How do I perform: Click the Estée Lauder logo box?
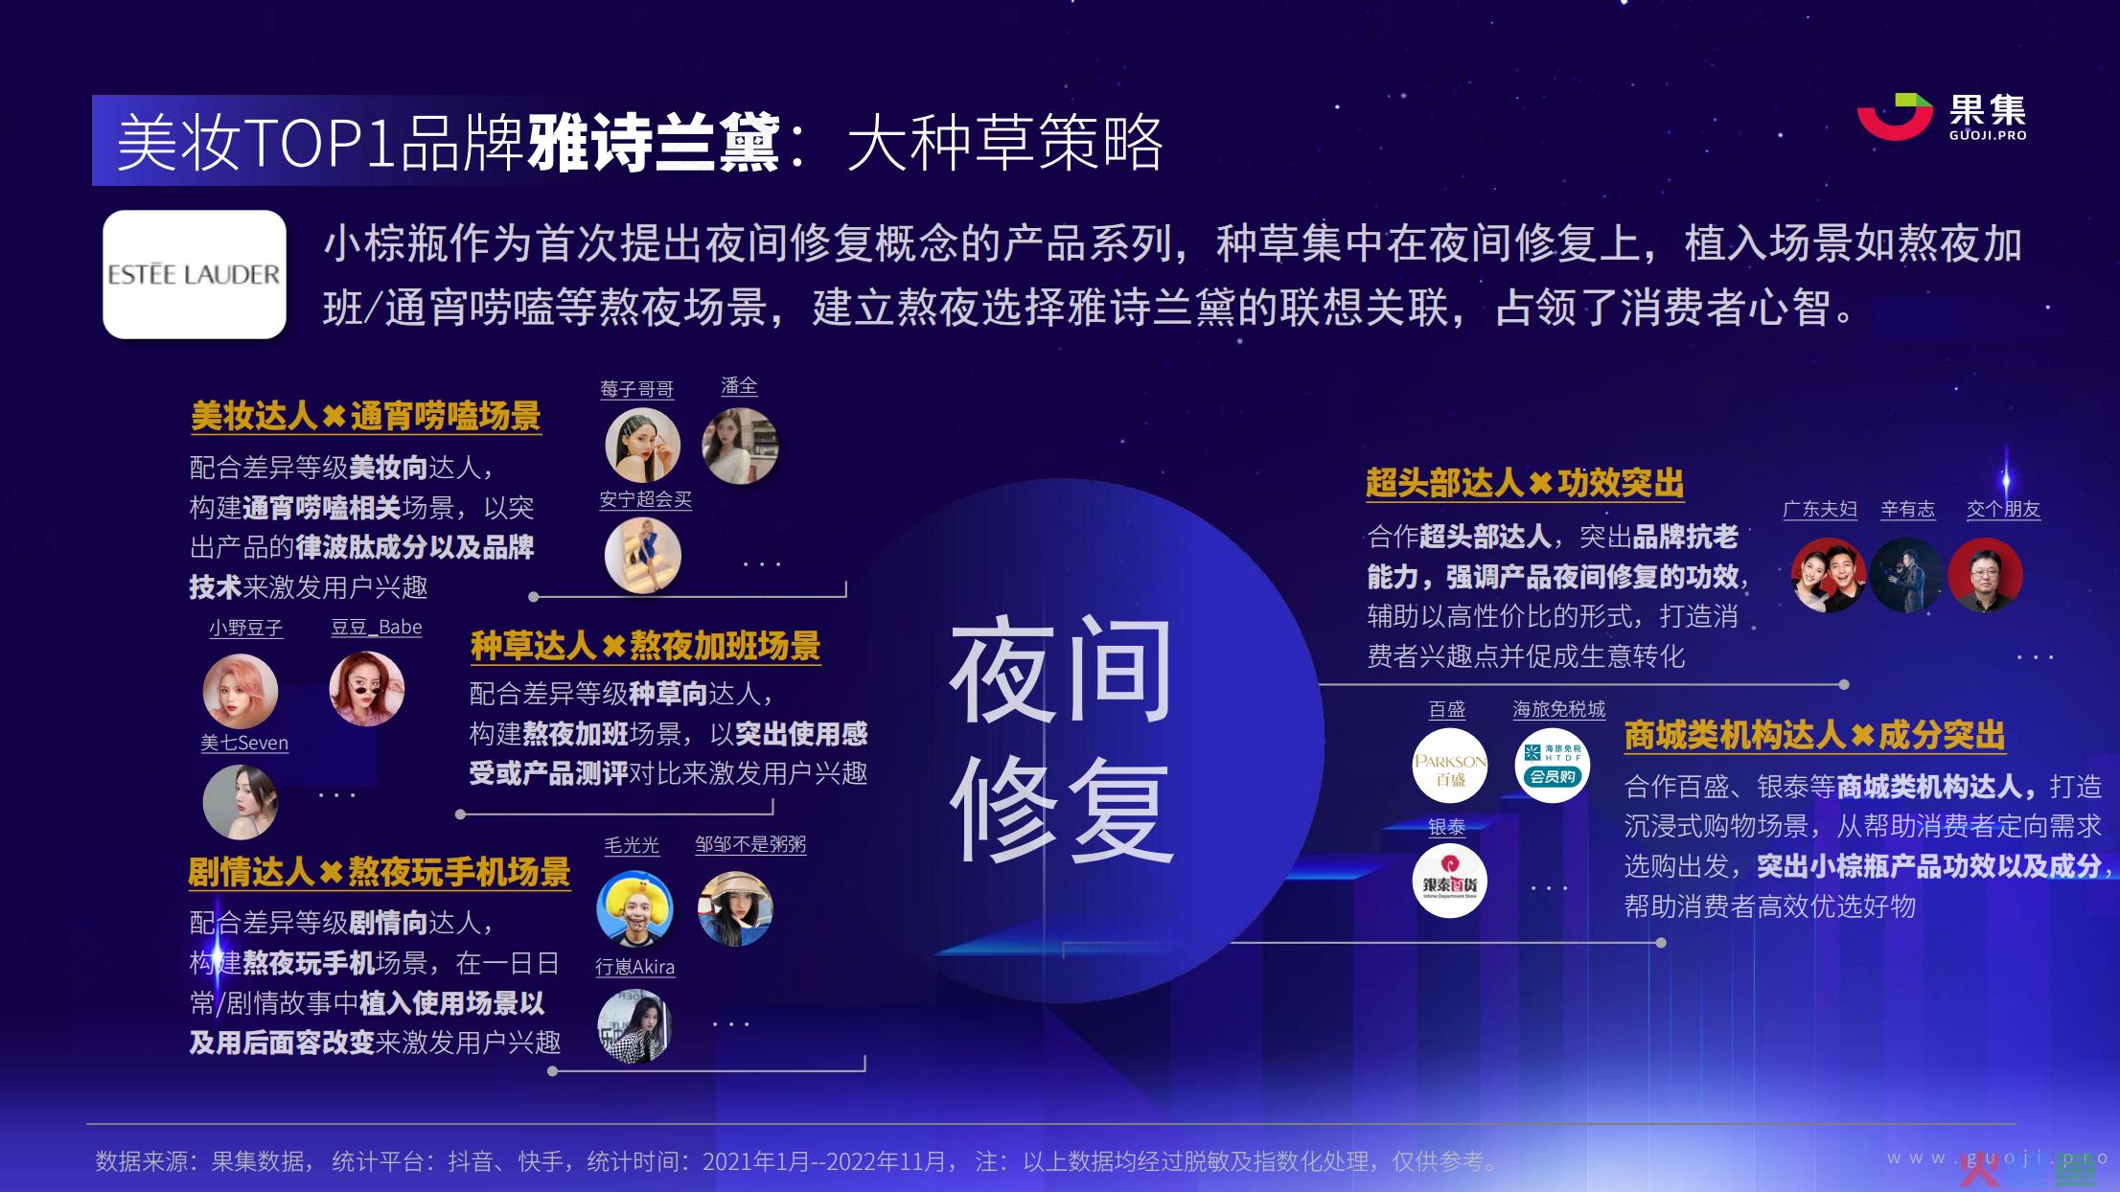click(x=195, y=274)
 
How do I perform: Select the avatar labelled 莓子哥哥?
click(x=642, y=446)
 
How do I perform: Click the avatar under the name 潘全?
click(x=740, y=446)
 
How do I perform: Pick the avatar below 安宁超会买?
click(x=642, y=556)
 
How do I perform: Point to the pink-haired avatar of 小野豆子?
click(x=241, y=691)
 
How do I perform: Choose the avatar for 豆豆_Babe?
click(x=367, y=689)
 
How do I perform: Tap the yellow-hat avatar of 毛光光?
click(x=634, y=908)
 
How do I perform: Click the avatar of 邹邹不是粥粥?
click(x=735, y=908)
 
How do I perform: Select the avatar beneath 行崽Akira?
click(x=634, y=1026)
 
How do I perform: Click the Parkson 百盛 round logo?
click(x=1450, y=766)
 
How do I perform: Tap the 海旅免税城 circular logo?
click(x=1553, y=766)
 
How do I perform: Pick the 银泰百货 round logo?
click(x=1450, y=881)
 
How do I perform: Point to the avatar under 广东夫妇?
click(x=1829, y=575)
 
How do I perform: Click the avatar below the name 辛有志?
click(x=1907, y=575)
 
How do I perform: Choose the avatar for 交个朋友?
click(x=1985, y=575)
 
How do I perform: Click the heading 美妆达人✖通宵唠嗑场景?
click(x=366, y=417)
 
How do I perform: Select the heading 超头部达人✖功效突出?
click(x=1525, y=483)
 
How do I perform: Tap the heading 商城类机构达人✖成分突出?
click(x=1814, y=735)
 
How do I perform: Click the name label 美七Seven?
click(x=244, y=743)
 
